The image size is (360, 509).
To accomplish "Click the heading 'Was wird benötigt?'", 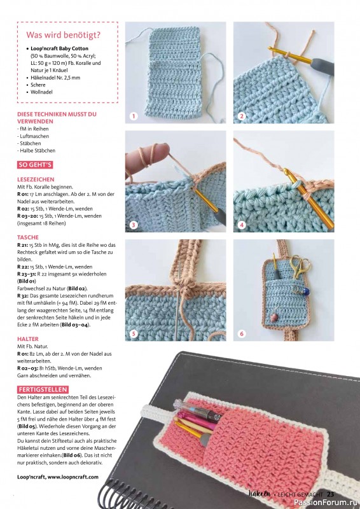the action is coord(64,35).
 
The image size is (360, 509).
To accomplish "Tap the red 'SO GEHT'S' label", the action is coord(35,165).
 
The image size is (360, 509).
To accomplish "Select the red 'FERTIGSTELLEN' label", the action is coord(43,389).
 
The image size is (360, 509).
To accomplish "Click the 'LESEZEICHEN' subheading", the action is coord(36,179).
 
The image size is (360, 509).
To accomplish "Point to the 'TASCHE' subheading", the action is coord(28,237).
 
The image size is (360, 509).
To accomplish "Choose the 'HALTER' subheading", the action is coord(28,339).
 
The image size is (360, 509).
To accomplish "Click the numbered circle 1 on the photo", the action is coord(134,116).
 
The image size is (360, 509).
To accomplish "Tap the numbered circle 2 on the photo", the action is coord(242,116).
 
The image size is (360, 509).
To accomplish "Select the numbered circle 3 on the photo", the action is coord(134,225).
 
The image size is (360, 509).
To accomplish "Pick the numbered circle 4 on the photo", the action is coord(242,225).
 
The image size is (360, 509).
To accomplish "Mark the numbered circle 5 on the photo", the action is coord(134,333).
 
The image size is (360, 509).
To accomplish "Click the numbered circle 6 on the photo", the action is coord(242,333).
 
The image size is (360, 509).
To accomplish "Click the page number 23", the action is coord(331,494).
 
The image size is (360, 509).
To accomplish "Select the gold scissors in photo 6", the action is coord(300,267).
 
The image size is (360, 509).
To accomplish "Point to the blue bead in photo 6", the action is coord(305,291).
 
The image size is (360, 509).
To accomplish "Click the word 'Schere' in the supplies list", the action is coord(38,85).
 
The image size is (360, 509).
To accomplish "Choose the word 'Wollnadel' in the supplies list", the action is coord(41,92).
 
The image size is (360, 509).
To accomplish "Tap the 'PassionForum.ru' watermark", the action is coord(326,503).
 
